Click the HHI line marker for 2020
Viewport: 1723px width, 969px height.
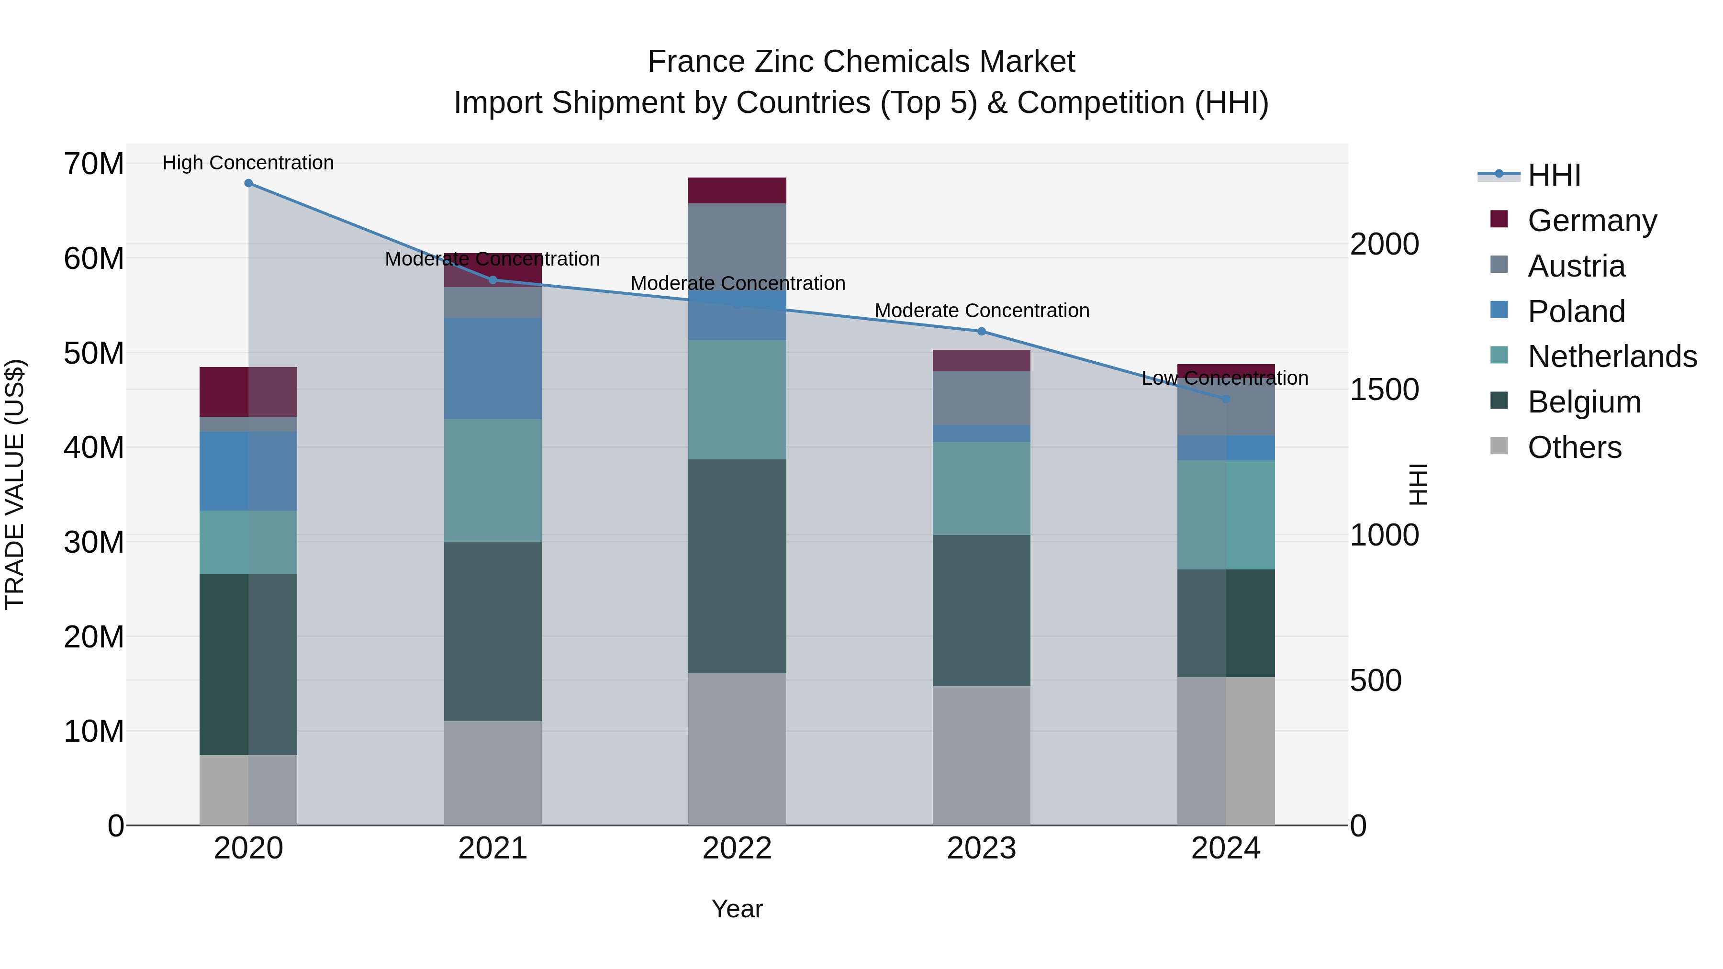pos(248,183)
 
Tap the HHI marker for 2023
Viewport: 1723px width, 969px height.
pos(981,331)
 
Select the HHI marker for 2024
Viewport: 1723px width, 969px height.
pos(1225,399)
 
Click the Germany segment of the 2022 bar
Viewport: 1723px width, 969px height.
pos(737,190)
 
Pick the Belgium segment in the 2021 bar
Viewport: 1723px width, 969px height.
pos(493,631)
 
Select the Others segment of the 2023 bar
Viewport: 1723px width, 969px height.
pos(981,755)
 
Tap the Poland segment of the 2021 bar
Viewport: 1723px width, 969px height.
pos(493,368)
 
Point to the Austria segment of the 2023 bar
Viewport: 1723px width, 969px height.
pos(981,398)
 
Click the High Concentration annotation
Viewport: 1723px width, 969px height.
pos(248,163)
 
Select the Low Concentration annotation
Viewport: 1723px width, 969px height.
pos(1225,378)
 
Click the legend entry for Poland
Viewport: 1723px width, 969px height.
pos(1576,311)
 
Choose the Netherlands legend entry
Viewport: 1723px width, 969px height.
pos(1612,356)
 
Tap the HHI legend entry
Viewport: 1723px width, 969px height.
pos(1554,175)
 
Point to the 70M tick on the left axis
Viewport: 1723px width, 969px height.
pos(94,164)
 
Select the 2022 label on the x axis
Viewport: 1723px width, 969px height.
pos(737,848)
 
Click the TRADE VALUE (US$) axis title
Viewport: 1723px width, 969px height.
pos(15,484)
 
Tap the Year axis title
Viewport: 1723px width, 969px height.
pos(737,909)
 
